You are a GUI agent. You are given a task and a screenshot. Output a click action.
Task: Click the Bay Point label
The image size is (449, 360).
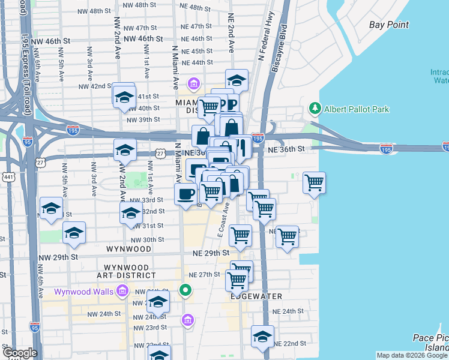pos(389,25)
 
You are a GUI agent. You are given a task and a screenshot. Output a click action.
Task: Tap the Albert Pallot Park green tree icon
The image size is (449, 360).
pos(313,109)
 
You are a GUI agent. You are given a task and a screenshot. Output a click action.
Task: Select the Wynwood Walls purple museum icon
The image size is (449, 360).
pos(122,292)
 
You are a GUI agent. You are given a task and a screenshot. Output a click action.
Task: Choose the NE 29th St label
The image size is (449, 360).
pos(211,253)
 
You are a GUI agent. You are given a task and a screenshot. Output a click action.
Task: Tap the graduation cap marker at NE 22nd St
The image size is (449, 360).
pos(262,338)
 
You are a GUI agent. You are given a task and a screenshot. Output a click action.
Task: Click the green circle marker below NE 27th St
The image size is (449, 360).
pos(185,292)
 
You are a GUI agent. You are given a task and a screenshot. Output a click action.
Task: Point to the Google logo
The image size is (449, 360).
pos(19,353)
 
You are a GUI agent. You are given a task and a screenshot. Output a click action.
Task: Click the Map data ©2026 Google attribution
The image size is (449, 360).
pos(412,355)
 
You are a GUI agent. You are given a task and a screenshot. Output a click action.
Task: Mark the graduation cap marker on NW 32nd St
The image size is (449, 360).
pos(131,214)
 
